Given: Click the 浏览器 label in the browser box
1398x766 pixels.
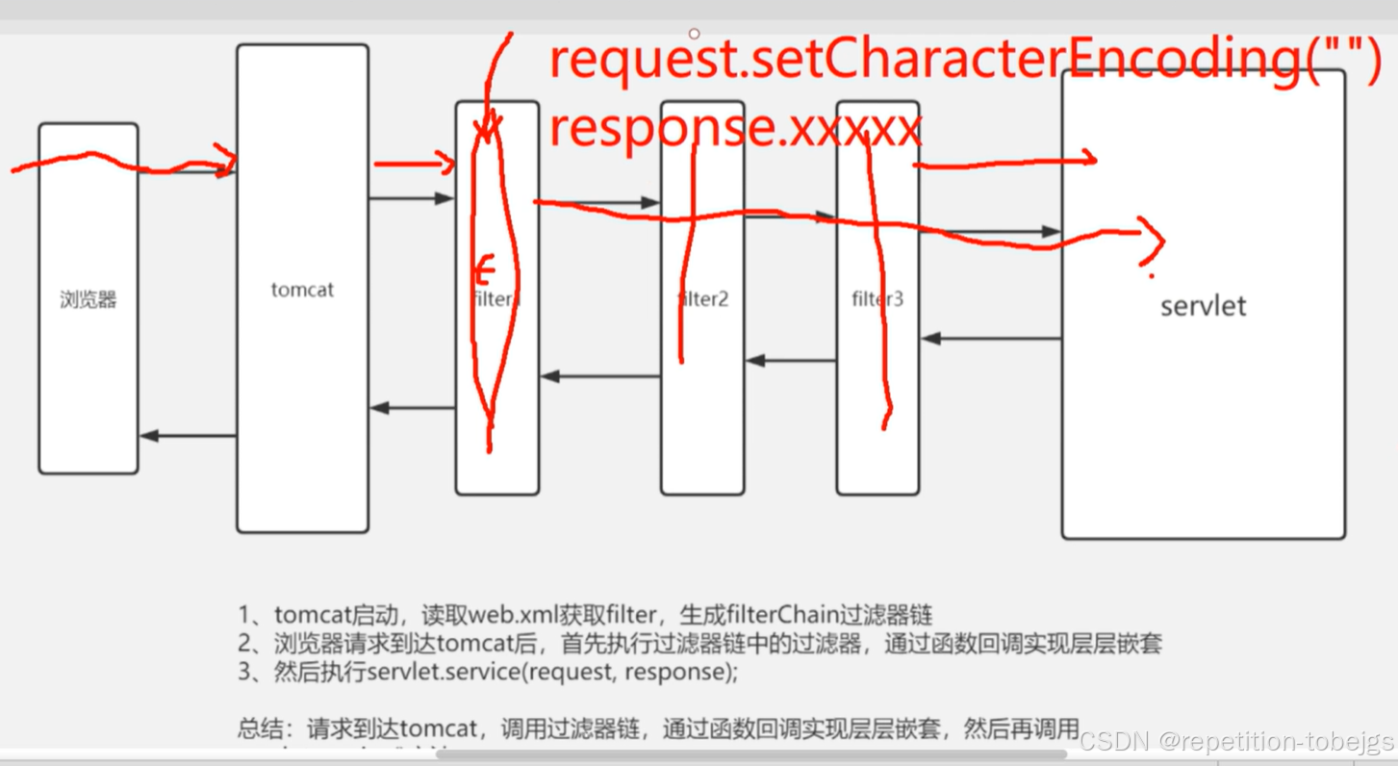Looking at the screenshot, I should click(x=89, y=299).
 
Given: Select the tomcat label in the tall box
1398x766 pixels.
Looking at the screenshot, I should click(x=302, y=290).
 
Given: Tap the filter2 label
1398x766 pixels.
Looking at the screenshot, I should click(x=703, y=299).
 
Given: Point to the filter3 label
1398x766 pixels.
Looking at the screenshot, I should click(x=877, y=299).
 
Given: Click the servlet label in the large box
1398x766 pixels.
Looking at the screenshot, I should click(x=1203, y=306).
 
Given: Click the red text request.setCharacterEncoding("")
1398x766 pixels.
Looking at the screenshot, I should click(x=962, y=60).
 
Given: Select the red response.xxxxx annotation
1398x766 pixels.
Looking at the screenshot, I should click(x=735, y=129).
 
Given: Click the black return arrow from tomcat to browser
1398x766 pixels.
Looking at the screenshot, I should click(x=188, y=436).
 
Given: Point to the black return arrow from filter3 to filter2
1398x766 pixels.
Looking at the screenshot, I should click(x=790, y=361).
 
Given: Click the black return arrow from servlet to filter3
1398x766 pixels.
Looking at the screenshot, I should click(x=991, y=339).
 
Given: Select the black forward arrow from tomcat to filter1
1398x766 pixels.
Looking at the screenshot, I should click(x=411, y=199).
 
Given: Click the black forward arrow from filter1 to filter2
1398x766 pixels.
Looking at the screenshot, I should click(x=599, y=203).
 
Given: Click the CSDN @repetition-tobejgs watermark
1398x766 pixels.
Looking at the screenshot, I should click(x=1235, y=741).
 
